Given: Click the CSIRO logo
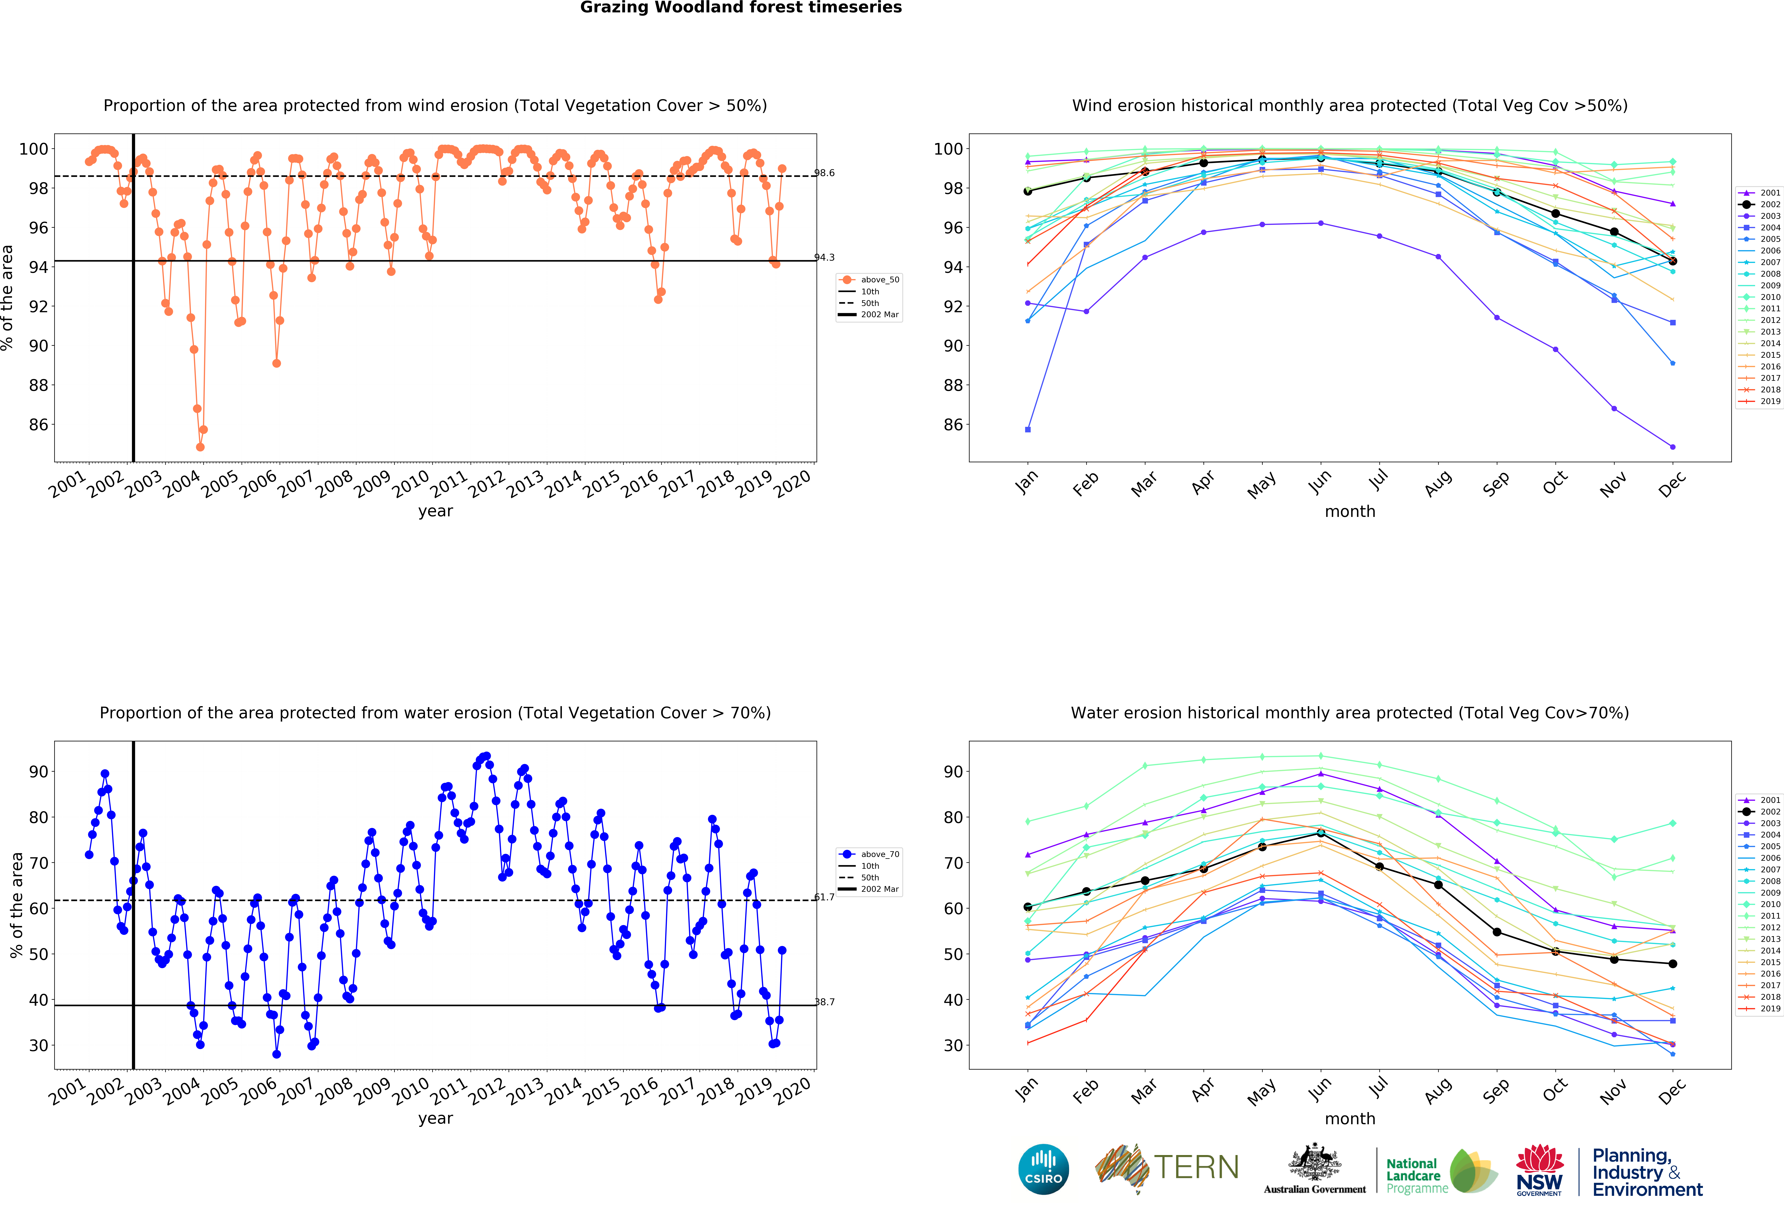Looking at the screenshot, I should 1043,1169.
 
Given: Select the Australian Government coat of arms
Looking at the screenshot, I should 1315,1163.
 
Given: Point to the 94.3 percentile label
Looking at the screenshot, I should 825,257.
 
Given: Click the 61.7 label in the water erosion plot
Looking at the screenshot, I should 825,897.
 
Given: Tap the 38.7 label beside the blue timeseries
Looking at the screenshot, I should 825,1002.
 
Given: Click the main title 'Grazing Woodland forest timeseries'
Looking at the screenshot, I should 741,8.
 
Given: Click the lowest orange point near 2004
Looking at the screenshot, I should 200,447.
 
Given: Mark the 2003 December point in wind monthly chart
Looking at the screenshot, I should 1673,447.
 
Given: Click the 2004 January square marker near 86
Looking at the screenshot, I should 1028,430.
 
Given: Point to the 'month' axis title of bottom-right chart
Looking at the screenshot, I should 1349,1119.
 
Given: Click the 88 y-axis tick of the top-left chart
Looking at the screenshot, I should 38,385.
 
